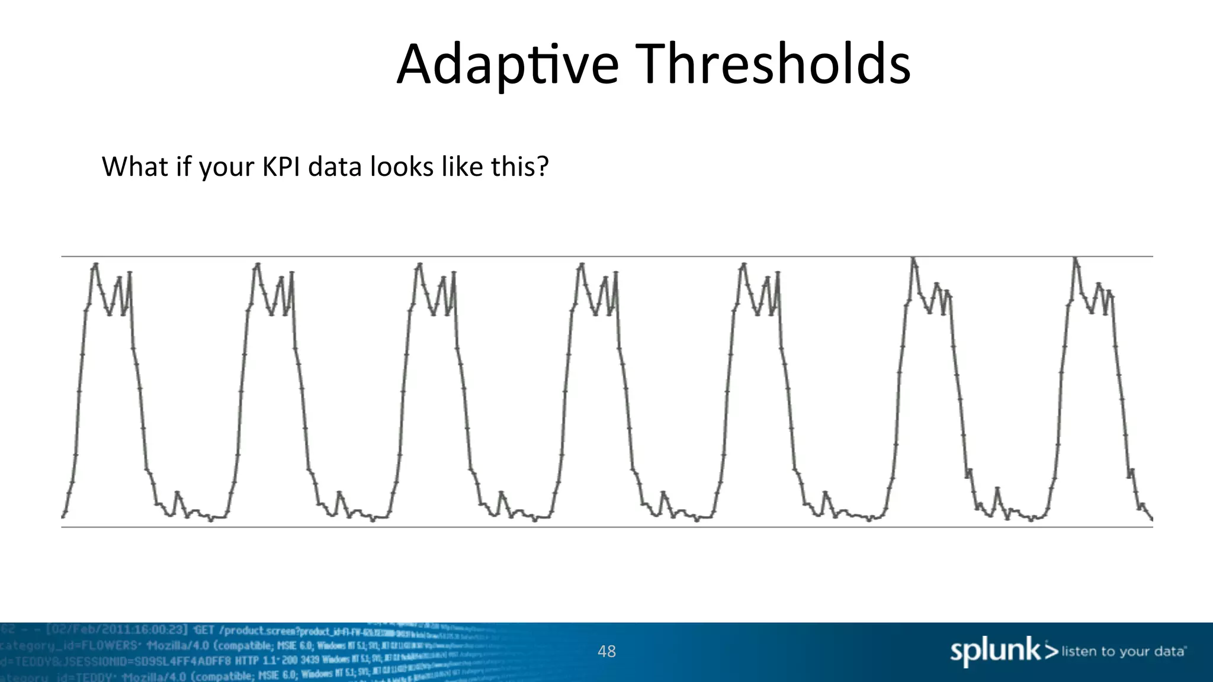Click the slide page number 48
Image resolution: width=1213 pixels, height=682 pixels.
click(x=606, y=651)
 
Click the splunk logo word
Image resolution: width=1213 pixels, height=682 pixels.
click(x=995, y=651)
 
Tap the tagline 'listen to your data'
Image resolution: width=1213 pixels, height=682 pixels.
click(x=1123, y=651)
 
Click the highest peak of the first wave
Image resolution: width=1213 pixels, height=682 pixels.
click(x=95, y=265)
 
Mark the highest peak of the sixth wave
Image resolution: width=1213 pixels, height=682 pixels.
click(x=913, y=258)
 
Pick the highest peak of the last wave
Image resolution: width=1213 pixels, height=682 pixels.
click(x=1075, y=258)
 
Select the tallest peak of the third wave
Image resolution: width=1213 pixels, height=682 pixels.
click(x=419, y=265)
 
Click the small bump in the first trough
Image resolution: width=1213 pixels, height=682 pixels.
click(x=177, y=493)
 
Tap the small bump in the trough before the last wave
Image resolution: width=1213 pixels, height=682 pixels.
click(x=997, y=489)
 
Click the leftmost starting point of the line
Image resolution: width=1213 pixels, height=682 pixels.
click(x=63, y=516)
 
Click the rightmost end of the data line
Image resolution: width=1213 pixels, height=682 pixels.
click(x=1151, y=519)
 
